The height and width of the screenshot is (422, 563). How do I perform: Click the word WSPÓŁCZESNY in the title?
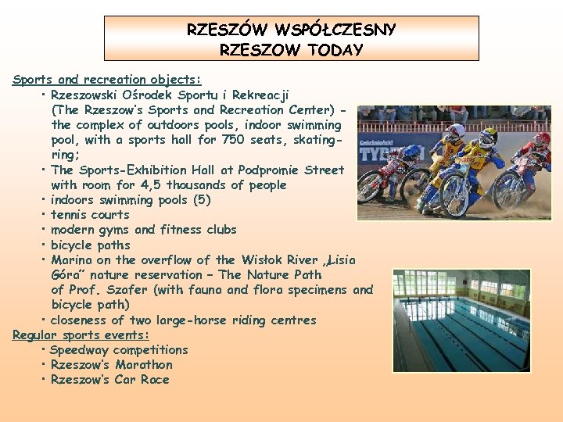click(335, 30)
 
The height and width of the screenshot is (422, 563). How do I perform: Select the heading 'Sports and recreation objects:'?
click(107, 79)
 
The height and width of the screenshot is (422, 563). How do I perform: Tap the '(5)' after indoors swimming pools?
click(202, 200)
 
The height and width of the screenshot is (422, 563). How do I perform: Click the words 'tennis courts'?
click(90, 215)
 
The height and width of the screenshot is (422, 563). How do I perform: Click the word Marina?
click(72, 260)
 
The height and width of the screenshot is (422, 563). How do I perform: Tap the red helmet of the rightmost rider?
click(542, 138)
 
